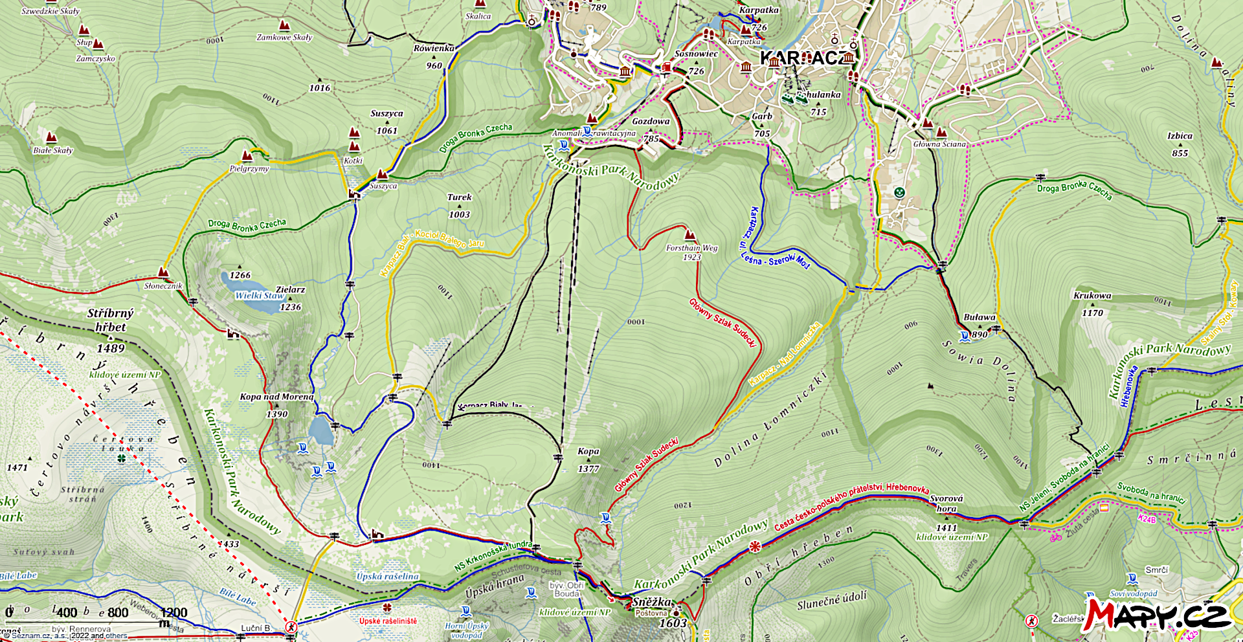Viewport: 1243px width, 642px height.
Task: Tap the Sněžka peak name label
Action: pos(651,602)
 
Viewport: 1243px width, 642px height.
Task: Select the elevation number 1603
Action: pos(673,623)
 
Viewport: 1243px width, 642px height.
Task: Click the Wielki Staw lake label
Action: pos(260,296)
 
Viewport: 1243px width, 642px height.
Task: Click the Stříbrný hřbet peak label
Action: pos(111,320)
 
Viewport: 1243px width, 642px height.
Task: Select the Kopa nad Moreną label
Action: pos(276,397)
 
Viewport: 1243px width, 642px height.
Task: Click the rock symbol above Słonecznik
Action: pos(164,273)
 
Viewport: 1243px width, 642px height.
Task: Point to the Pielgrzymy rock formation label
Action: pos(249,168)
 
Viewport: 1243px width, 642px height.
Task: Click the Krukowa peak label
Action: pos(1092,296)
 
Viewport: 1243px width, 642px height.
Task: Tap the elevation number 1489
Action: pos(111,348)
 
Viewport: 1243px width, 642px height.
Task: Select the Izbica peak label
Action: pos(1180,136)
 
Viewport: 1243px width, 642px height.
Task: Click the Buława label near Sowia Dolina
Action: pos(980,317)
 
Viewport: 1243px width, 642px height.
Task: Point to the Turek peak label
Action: pos(459,197)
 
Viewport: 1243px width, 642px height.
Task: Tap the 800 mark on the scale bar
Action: pos(117,612)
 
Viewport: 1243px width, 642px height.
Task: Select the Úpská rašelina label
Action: pos(387,576)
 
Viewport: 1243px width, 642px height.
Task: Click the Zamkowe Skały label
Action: pos(284,38)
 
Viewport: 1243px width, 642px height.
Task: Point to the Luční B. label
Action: pos(256,628)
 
